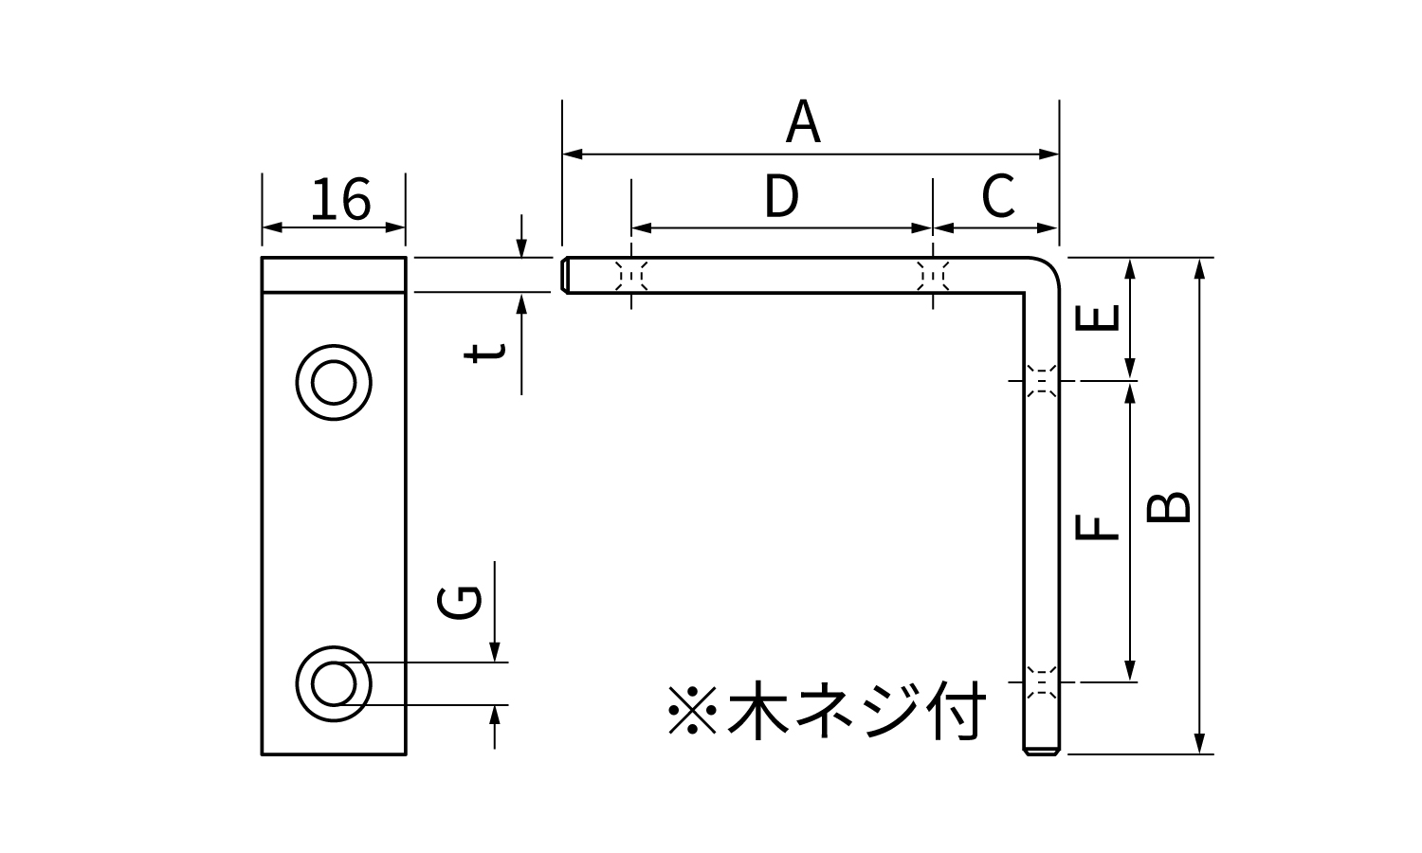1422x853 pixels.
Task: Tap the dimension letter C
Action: [x=998, y=197]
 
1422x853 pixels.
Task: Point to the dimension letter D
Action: [x=781, y=197]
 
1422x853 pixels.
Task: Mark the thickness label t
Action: [x=484, y=353]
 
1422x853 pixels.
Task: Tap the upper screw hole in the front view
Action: [x=334, y=384]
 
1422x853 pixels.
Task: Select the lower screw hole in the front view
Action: [x=334, y=683]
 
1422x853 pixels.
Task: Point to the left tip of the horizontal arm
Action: [x=567, y=275]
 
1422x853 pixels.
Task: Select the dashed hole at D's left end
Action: [x=631, y=275]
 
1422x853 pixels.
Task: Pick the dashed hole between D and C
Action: [x=934, y=275]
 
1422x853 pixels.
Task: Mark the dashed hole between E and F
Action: [x=1042, y=381]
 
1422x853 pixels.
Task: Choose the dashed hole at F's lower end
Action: [x=1042, y=681]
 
